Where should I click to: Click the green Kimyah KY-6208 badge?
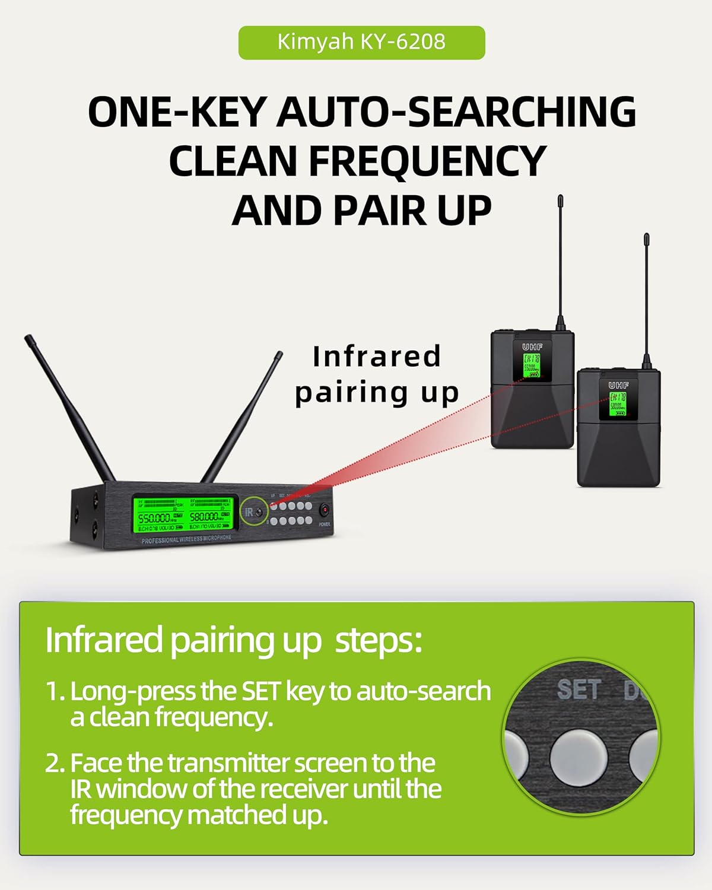[361, 42]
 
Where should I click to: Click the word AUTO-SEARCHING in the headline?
[456, 112]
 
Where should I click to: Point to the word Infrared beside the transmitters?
[377, 357]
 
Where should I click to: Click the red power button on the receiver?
[325, 510]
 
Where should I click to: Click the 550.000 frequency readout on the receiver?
[154, 517]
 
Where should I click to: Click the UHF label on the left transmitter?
[532, 347]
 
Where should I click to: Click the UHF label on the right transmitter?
[618, 385]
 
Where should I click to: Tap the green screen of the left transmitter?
[532, 365]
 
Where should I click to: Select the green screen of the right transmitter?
[618, 404]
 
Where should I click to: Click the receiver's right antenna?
[240, 418]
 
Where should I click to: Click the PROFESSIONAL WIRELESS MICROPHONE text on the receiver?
[186, 539]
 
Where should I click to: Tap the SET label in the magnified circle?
[578, 689]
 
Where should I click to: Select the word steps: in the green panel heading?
[379, 640]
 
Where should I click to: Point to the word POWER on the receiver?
[325, 525]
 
